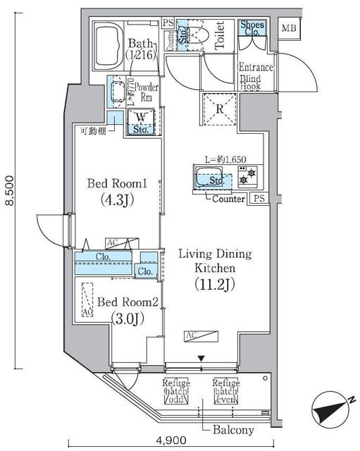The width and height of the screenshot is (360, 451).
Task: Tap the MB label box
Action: click(x=288, y=29)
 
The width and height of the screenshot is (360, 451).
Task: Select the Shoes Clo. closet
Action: click(x=252, y=28)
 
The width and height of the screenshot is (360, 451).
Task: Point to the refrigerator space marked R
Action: click(x=219, y=109)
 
